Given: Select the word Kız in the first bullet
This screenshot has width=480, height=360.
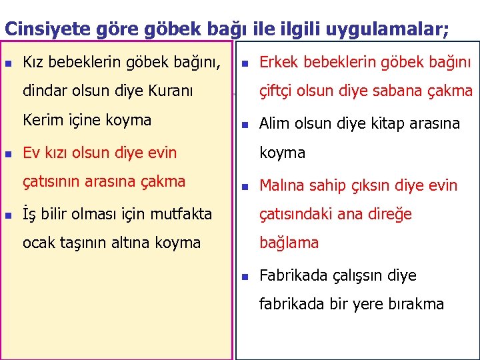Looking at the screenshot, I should [x=33, y=63].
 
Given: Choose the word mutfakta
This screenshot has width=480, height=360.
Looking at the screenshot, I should [x=181, y=215].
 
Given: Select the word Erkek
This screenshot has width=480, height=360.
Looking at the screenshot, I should [x=277, y=63].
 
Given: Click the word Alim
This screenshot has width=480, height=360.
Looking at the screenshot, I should [x=274, y=123].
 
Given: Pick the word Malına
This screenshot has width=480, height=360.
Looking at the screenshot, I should [x=281, y=185].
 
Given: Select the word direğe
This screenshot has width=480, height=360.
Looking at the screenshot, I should [x=387, y=214].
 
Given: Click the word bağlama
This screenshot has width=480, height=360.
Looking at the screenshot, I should [x=289, y=243].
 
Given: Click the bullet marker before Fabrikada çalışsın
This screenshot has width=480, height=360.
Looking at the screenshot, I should [x=245, y=276].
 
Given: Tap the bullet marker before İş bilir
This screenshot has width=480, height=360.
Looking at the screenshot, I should [x=8, y=215].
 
